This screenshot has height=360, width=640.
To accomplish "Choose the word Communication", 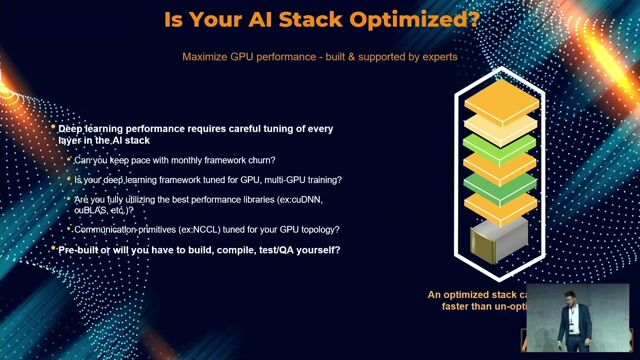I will point(109,230).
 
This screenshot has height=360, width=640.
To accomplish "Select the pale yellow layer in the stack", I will point(501,124).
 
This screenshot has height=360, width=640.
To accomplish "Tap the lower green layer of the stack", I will point(501,185).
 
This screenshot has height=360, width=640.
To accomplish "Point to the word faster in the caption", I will point(461,306).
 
